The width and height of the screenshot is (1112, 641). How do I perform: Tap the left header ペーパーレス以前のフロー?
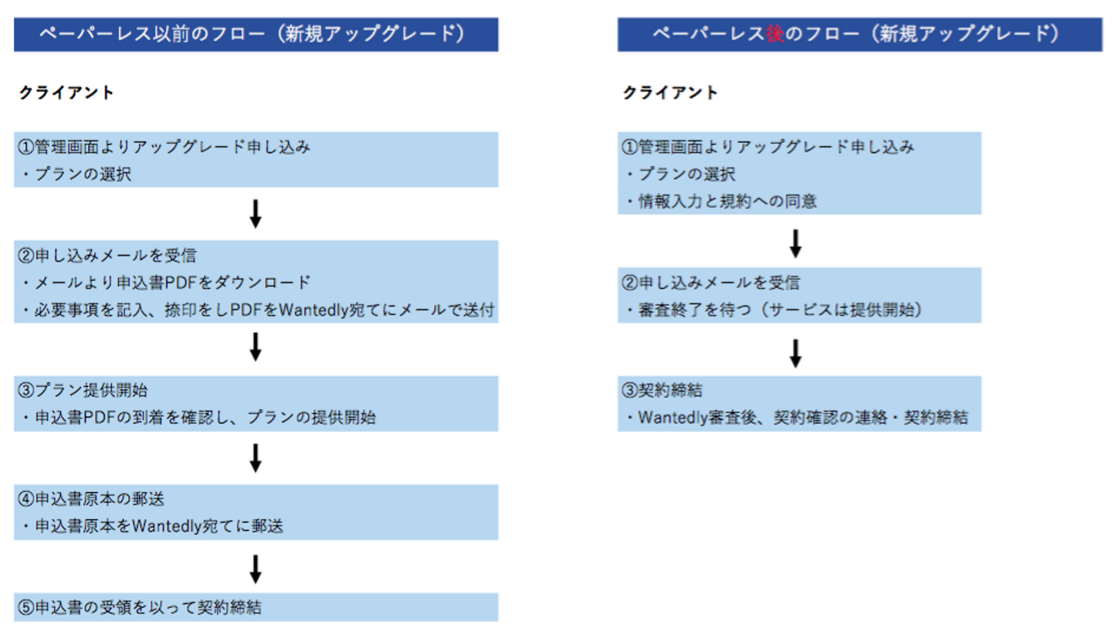point(256,34)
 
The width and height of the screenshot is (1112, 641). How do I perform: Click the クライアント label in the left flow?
point(66,93)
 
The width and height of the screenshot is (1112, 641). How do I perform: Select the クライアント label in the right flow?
point(670,93)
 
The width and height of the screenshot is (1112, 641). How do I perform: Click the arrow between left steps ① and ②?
point(256,214)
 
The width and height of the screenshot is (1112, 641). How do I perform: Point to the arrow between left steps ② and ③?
point(256,347)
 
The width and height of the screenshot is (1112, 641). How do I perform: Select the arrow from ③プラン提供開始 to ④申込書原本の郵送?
point(256,457)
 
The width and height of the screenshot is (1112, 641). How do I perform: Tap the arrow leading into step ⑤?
point(256,568)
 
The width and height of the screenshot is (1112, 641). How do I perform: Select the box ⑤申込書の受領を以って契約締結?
point(256,607)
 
